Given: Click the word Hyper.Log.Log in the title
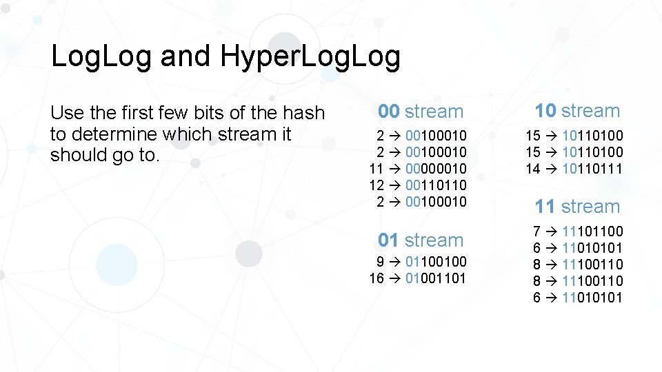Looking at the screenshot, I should [x=310, y=57].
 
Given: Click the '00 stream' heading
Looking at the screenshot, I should [x=421, y=111].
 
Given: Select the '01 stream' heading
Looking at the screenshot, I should [x=421, y=240].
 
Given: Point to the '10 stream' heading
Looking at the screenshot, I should [x=578, y=110].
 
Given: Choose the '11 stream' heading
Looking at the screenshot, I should [x=578, y=206].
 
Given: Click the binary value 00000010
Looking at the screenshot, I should [x=436, y=168].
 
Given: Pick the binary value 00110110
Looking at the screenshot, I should [x=436, y=185].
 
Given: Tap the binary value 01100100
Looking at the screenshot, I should [x=436, y=262].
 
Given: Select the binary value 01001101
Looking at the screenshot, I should [x=436, y=278].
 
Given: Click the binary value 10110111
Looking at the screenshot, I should [x=592, y=168].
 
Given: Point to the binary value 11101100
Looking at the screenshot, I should [x=592, y=231].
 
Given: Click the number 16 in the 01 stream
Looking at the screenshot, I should [x=377, y=278].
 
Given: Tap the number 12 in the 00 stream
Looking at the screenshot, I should [x=377, y=185].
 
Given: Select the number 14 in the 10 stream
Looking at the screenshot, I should [x=533, y=168].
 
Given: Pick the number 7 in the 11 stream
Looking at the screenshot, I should [x=536, y=231].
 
